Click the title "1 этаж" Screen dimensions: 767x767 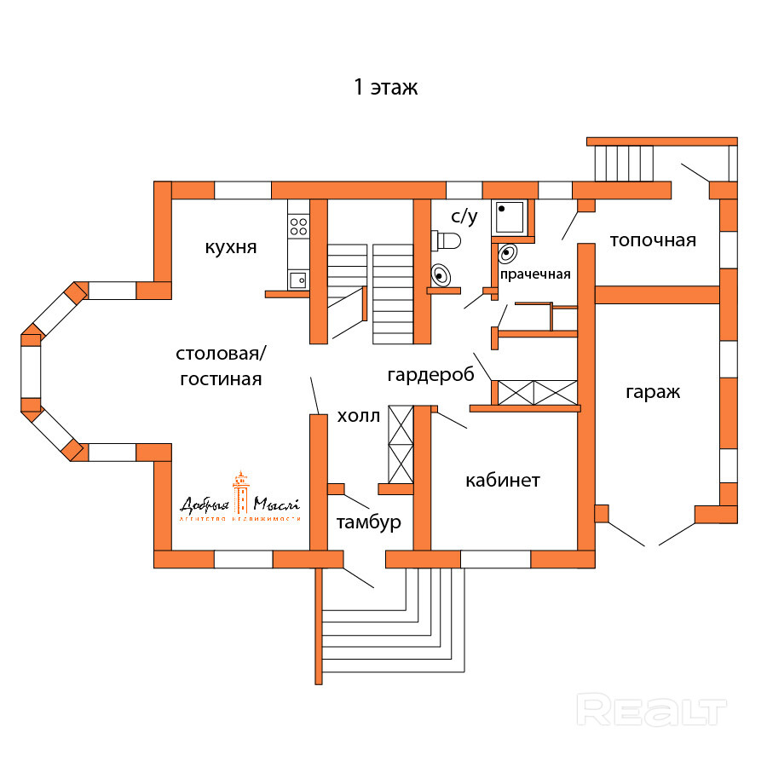coord(386,87)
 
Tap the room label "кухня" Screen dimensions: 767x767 coord(230,247)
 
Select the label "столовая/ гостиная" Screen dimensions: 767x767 coord(221,366)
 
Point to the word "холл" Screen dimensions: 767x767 coord(358,416)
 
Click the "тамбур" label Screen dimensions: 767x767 coord(368,522)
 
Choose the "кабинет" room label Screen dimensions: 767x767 coord(503,481)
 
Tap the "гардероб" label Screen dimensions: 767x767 coord(430,375)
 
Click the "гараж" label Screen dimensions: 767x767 coord(653,392)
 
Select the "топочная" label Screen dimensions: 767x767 coord(653,240)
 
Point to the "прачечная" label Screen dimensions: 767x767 coord(534,274)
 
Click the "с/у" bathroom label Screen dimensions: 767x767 coord(464,217)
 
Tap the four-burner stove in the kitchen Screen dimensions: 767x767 coord(298,225)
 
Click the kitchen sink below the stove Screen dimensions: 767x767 coord(298,279)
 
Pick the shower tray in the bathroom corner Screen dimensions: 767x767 coord(510,218)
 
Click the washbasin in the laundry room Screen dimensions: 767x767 coord(508,253)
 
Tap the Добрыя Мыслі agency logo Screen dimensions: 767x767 coord(241,498)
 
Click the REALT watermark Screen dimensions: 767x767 coord(651,710)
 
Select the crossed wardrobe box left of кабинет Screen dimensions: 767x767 coord(401,444)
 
